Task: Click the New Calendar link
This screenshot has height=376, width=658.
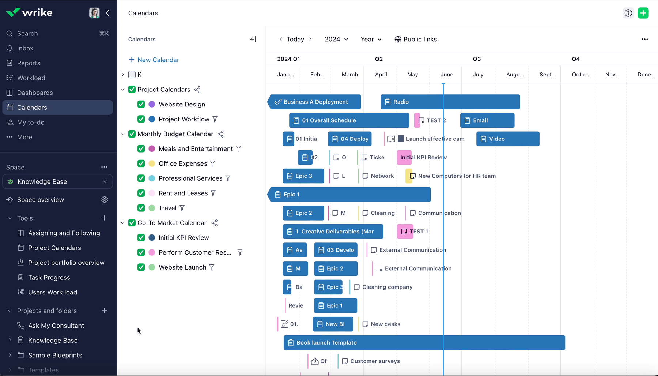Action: coord(154,60)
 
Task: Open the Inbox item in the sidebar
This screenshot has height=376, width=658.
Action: coord(25,48)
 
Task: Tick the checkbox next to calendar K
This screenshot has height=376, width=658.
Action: coord(132,75)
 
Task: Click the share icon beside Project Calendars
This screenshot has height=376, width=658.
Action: coord(197,90)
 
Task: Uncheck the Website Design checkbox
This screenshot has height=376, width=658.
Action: coord(141,104)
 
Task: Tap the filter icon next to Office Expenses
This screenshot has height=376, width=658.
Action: coord(213,163)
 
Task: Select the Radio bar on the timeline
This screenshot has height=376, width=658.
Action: coord(450,102)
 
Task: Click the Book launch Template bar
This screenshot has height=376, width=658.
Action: coord(424,343)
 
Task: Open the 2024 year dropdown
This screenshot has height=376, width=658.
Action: coord(336,39)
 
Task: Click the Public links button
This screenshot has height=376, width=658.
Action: coord(416,39)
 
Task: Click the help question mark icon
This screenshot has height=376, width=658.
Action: coord(628,13)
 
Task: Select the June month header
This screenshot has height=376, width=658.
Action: coord(446,75)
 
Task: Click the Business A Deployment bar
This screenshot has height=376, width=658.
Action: coord(315,102)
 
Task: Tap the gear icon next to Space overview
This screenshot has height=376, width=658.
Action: coord(105,200)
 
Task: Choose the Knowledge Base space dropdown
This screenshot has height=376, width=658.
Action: coord(58,182)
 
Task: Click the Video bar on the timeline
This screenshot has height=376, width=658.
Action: coord(507,139)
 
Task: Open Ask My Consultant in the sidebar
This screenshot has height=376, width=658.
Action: coord(56,326)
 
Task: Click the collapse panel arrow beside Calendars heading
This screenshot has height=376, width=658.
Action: coord(253,39)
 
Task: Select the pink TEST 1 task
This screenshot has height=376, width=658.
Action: coord(405,232)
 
